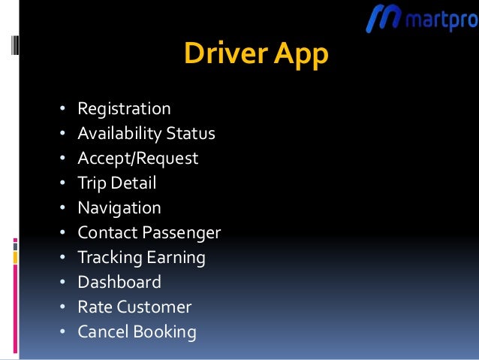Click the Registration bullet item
(124, 110)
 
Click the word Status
(190, 134)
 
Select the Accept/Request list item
(137, 159)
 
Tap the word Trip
(91, 183)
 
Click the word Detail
(133, 183)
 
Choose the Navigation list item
(119, 208)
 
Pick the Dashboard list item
(119, 283)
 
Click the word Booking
(162, 332)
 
